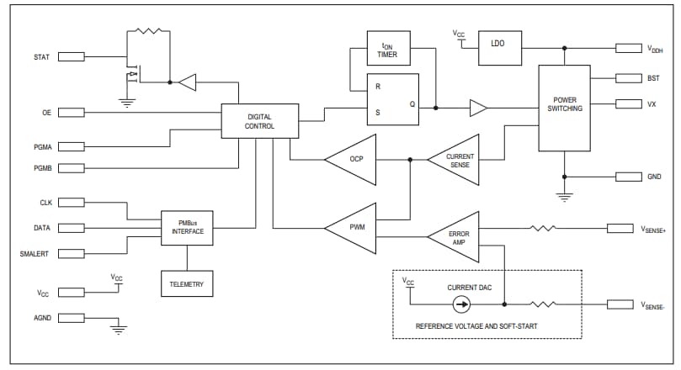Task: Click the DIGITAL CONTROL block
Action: point(259,121)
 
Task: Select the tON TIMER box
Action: point(388,50)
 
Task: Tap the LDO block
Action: point(497,43)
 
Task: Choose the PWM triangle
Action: point(354,228)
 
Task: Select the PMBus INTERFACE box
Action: point(188,228)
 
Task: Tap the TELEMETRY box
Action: point(188,284)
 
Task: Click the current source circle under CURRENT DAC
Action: point(462,304)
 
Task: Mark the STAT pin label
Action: point(41,58)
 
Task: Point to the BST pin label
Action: point(653,78)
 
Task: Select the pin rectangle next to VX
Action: point(629,103)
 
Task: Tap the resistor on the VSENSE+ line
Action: point(543,228)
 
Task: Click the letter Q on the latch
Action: point(412,104)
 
